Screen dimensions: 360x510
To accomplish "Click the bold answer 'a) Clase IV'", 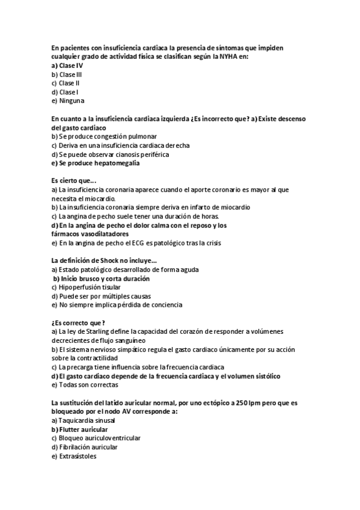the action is point(67,65).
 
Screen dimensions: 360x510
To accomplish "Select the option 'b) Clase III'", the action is point(66,74).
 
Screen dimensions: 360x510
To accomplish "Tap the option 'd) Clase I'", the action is point(65,92).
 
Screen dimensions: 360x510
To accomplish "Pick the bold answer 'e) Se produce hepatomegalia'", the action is point(96,163).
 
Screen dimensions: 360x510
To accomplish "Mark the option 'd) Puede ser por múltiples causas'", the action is point(101,296).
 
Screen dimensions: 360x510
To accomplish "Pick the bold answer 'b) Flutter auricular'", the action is point(79,429).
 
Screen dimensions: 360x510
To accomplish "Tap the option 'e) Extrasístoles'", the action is point(73,456).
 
